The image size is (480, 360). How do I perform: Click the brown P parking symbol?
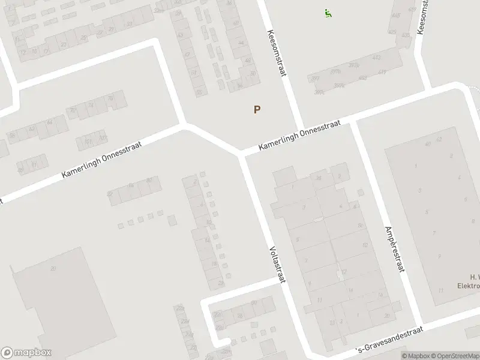tap(257, 109)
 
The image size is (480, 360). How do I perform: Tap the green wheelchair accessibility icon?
tap(328, 13)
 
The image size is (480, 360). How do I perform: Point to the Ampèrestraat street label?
tap(393, 247)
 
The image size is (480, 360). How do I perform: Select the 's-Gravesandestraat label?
tap(391, 340)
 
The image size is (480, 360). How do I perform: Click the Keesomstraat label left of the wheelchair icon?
tap(277, 53)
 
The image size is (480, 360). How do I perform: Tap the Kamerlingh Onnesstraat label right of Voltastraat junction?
tap(299, 135)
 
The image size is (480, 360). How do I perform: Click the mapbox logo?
tap(26, 353)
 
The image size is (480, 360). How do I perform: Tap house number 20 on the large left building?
tap(53, 268)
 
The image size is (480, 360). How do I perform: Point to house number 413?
tap(377, 58)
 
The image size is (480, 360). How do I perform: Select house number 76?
tap(110, 98)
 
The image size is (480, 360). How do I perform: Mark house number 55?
tap(199, 92)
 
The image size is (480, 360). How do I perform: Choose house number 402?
tap(247, 61)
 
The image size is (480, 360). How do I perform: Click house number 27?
tap(64, 44)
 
